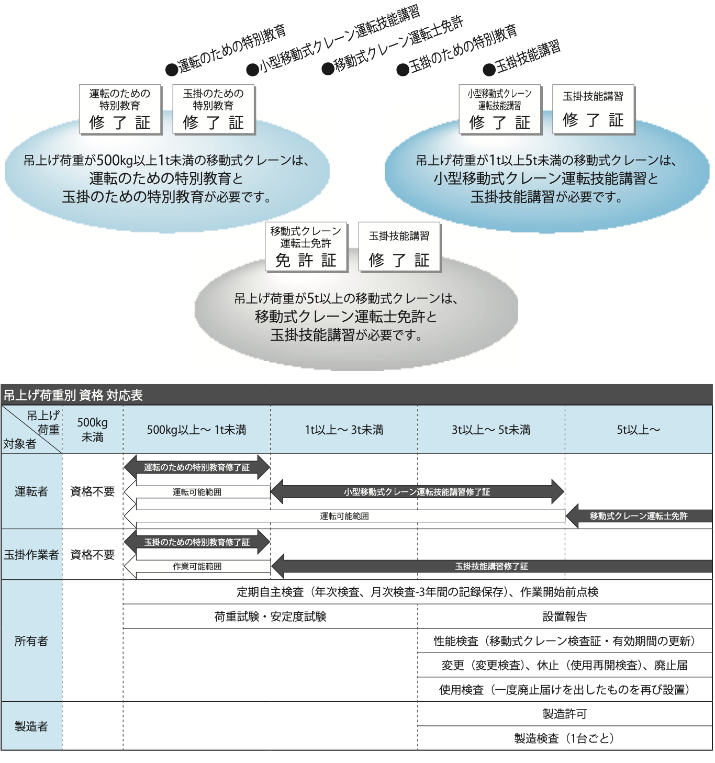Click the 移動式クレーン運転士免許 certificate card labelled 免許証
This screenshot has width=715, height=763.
pyautogui.click(x=306, y=246)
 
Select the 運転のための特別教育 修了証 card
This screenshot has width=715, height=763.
pyautogui.click(x=120, y=109)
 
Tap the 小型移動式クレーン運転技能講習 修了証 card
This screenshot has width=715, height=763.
pyautogui.click(x=500, y=109)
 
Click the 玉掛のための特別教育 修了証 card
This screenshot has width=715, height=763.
pyautogui.click(x=214, y=109)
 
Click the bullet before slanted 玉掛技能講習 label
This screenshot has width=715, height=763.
pyautogui.click(x=489, y=69)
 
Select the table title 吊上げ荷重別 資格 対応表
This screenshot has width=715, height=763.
pyautogui.click(x=73, y=395)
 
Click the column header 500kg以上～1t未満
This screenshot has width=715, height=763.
pyautogui.click(x=196, y=430)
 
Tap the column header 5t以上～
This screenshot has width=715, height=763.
pyautogui.click(x=638, y=430)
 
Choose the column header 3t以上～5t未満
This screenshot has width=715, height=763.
pyautogui.click(x=491, y=430)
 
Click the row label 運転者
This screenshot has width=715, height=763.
pyautogui.click(x=31, y=491)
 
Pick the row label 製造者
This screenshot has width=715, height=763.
pyautogui.click(x=31, y=726)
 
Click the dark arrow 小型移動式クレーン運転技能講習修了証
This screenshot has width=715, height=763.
pyautogui.click(x=417, y=492)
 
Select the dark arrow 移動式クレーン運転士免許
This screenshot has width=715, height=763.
pyautogui.click(x=639, y=516)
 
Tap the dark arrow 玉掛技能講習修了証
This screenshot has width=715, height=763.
pyautogui.click(x=491, y=566)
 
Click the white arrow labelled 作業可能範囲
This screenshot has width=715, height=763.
pyautogui.click(x=197, y=566)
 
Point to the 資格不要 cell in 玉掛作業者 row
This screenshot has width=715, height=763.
pyautogui.click(x=92, y=555)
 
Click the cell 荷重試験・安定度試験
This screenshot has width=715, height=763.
pyautogui.click(x=270, y=616)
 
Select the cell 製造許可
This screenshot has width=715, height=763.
pyautogui.click(x=564, y=714)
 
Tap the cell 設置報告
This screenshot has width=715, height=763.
pyautogui.click(x=564, y=616)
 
